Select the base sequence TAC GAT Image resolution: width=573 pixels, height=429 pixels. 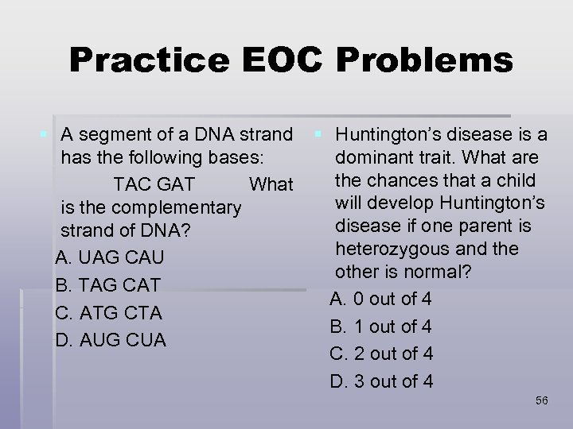(154, 184)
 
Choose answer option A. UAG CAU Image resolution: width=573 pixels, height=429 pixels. (110, 258)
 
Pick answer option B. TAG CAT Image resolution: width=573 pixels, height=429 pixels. (108, 284)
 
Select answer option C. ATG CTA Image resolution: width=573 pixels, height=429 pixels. (109, 312)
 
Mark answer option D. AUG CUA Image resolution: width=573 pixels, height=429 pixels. (111, 340)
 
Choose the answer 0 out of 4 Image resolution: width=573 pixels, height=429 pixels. (382, 299)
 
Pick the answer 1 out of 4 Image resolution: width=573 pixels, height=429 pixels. (382, 327)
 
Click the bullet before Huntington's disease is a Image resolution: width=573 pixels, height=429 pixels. (319, 132)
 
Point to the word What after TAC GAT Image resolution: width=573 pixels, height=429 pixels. (271, 184)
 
